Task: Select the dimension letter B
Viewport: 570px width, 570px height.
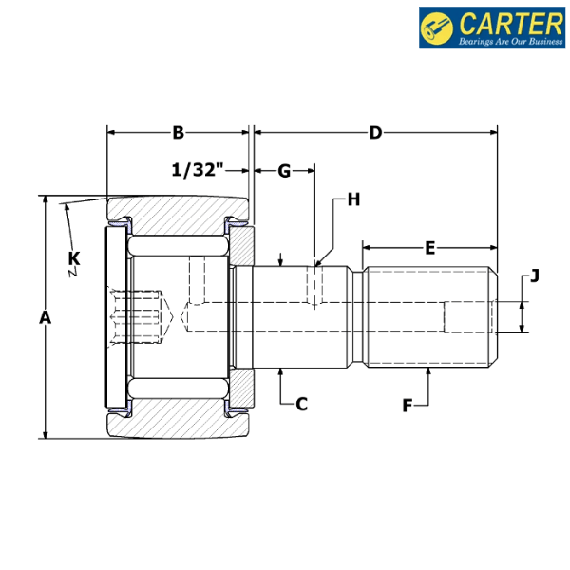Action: tap(178, 133)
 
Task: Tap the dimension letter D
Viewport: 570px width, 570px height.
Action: tap(375, 133)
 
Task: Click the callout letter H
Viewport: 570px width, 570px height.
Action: tap(353, 199)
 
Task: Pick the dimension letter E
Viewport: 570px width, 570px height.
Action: tap(429, 248)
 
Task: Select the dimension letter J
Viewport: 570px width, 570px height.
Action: tap(534, 276)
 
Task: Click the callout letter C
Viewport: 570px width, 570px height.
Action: tap(301, 404)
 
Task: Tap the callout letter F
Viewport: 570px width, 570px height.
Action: tap(408, 406)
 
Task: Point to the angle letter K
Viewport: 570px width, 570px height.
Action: tap(74, 257)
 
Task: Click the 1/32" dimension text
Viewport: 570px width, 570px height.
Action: tap(197, 171)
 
